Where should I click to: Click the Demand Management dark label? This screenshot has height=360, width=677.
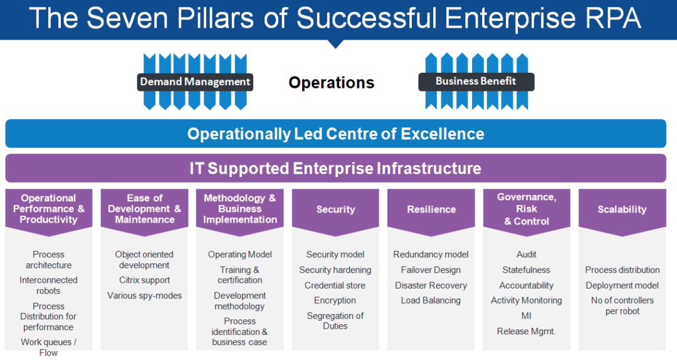click(195, 82)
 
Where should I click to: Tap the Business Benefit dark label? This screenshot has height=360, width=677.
click(476, 82)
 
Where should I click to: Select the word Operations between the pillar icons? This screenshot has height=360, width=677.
click(331, 83)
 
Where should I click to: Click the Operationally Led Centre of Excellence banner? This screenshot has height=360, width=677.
click(335, 134)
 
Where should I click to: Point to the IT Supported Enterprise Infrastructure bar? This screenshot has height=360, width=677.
click(335, 168)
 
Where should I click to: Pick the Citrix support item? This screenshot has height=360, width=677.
click(144, 280)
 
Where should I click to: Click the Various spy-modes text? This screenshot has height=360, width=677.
click(144, 295)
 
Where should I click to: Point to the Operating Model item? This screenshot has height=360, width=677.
click(239, 255)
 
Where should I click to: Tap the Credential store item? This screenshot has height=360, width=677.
click(335, 285)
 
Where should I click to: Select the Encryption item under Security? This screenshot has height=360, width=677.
click(335, 300)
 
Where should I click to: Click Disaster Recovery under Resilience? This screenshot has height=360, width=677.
click(431, 285)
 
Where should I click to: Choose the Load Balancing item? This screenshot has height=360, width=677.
click(431, 300)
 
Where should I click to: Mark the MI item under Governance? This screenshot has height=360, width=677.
click(527, 316)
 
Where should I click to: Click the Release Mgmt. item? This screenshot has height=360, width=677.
click(527, 332)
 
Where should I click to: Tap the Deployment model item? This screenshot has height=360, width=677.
click(622, 285)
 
